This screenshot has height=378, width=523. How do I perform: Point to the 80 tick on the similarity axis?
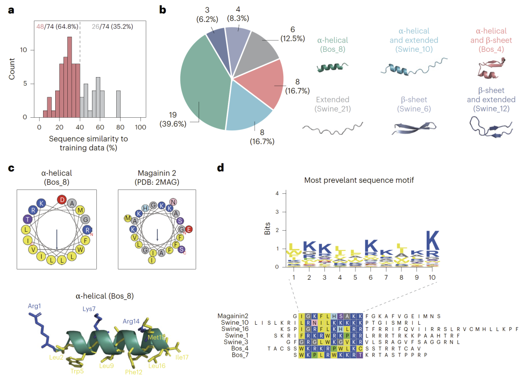click(x=120, y=127)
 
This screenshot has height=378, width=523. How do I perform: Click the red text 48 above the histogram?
click(x=40, y=27)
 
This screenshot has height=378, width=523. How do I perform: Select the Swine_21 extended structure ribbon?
click(x=333, y=127)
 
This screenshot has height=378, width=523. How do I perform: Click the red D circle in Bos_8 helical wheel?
click(x=62, y=199)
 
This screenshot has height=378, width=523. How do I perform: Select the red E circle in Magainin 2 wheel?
click(x=188, y=229)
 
